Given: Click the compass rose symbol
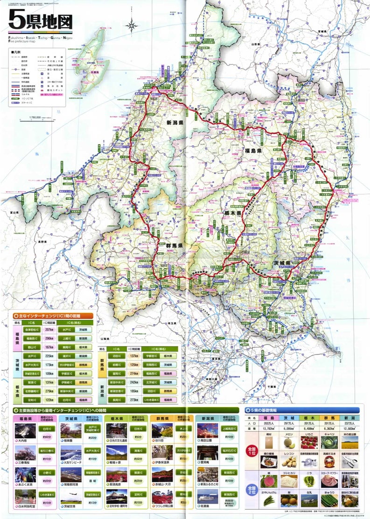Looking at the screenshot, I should [133, 25].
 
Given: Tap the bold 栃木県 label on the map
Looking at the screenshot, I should [231, 213].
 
